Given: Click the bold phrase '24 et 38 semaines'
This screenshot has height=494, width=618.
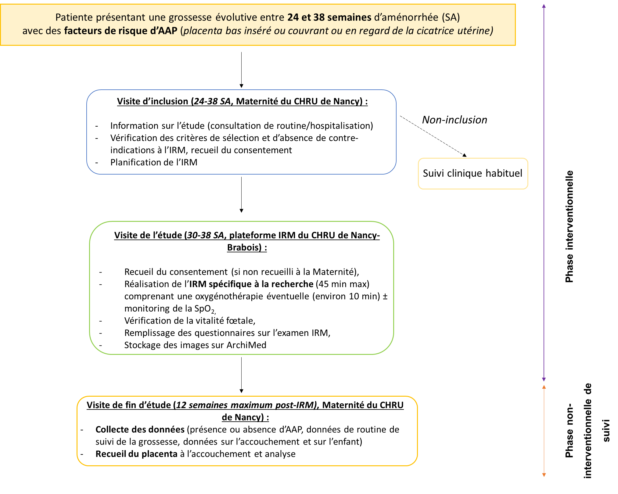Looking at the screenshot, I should click(329, 17).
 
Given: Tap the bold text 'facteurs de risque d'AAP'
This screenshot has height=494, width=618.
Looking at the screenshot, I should click(120, 31).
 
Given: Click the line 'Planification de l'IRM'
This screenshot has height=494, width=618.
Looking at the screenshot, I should click(154, 162).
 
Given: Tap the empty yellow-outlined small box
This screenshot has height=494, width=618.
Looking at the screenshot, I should click(473, 174).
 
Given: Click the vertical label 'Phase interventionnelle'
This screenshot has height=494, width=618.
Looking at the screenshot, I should click(569, 226).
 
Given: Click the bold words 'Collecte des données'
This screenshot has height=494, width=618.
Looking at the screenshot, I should click(140, 430).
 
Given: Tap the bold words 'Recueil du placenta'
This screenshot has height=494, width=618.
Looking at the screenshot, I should click(136, 454).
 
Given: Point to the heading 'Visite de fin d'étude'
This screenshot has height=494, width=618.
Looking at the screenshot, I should click(130, 405).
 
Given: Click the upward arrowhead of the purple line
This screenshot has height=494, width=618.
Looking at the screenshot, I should click(544, 6).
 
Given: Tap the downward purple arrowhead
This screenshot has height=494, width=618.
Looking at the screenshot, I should click(544, 379).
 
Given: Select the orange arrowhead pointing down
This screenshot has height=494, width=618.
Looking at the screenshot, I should click(544, 475).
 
